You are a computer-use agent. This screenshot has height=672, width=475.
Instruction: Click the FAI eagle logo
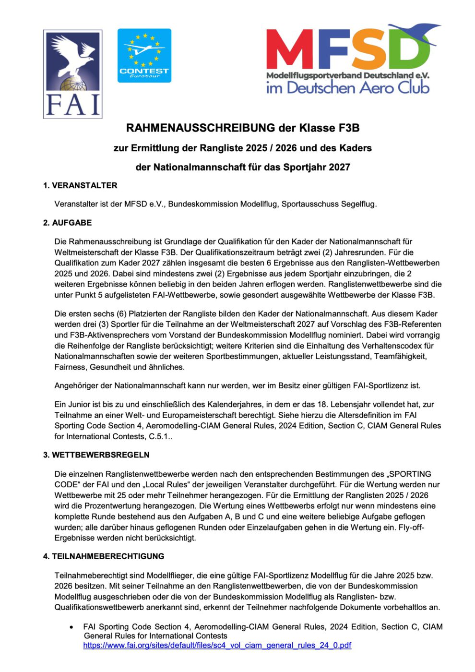(x=72, y=74)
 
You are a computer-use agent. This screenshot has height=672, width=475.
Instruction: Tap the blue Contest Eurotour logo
(x=144, y=55)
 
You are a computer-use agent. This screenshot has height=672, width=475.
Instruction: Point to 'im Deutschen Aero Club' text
(x=347, y=88)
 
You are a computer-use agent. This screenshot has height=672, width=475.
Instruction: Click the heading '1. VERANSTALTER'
(x=80, y=185)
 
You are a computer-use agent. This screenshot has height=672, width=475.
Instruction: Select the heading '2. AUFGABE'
(x=67, y=223)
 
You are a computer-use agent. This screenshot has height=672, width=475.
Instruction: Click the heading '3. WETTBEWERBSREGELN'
(x=96, y=455)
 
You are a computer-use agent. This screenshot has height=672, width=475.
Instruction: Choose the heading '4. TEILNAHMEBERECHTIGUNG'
(x=104, y=556)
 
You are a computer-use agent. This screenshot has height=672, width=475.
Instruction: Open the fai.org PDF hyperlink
(x=217, y=645)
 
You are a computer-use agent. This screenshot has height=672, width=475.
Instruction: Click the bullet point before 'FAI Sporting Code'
(x=71, y=627)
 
